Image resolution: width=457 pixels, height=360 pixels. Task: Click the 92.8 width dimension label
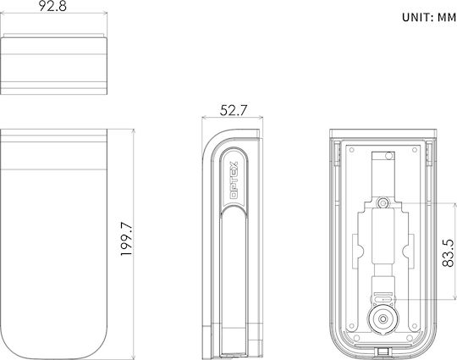click(x=52, y=6)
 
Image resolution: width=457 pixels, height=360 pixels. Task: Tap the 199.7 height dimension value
click(x=126, y=239)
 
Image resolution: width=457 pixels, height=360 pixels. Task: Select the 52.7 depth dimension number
click(x=234, y=110)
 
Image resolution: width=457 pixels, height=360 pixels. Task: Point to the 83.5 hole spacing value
click(x=448, y=252)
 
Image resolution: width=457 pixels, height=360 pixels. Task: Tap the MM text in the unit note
click(x=447, y=18)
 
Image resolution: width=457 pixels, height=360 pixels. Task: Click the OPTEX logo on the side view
click(x=234, y=180)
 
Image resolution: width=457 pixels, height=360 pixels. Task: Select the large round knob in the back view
click(x=383, y=318)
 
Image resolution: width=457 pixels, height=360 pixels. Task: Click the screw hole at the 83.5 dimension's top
click(x=383, y=202)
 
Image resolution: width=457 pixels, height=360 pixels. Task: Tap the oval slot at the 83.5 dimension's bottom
click(x=383, y=299)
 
